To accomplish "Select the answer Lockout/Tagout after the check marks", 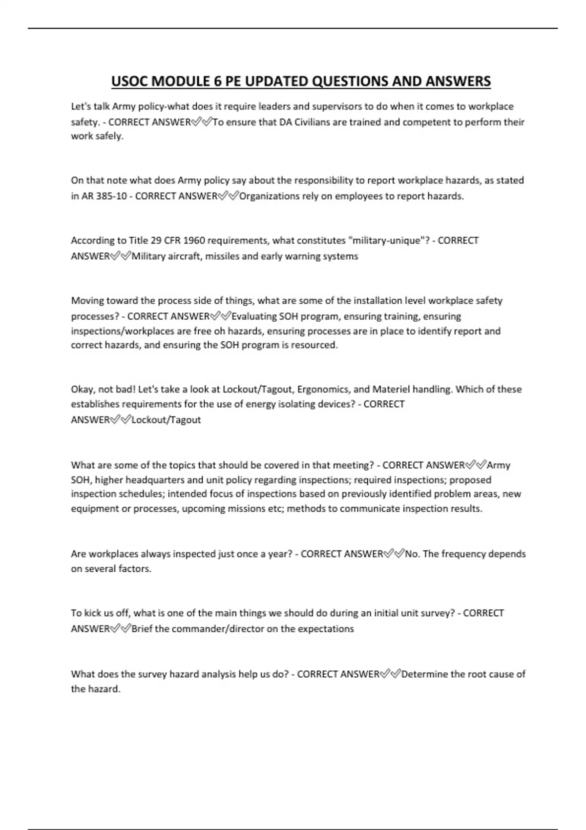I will (166, 420).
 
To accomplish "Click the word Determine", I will (424, 674).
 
